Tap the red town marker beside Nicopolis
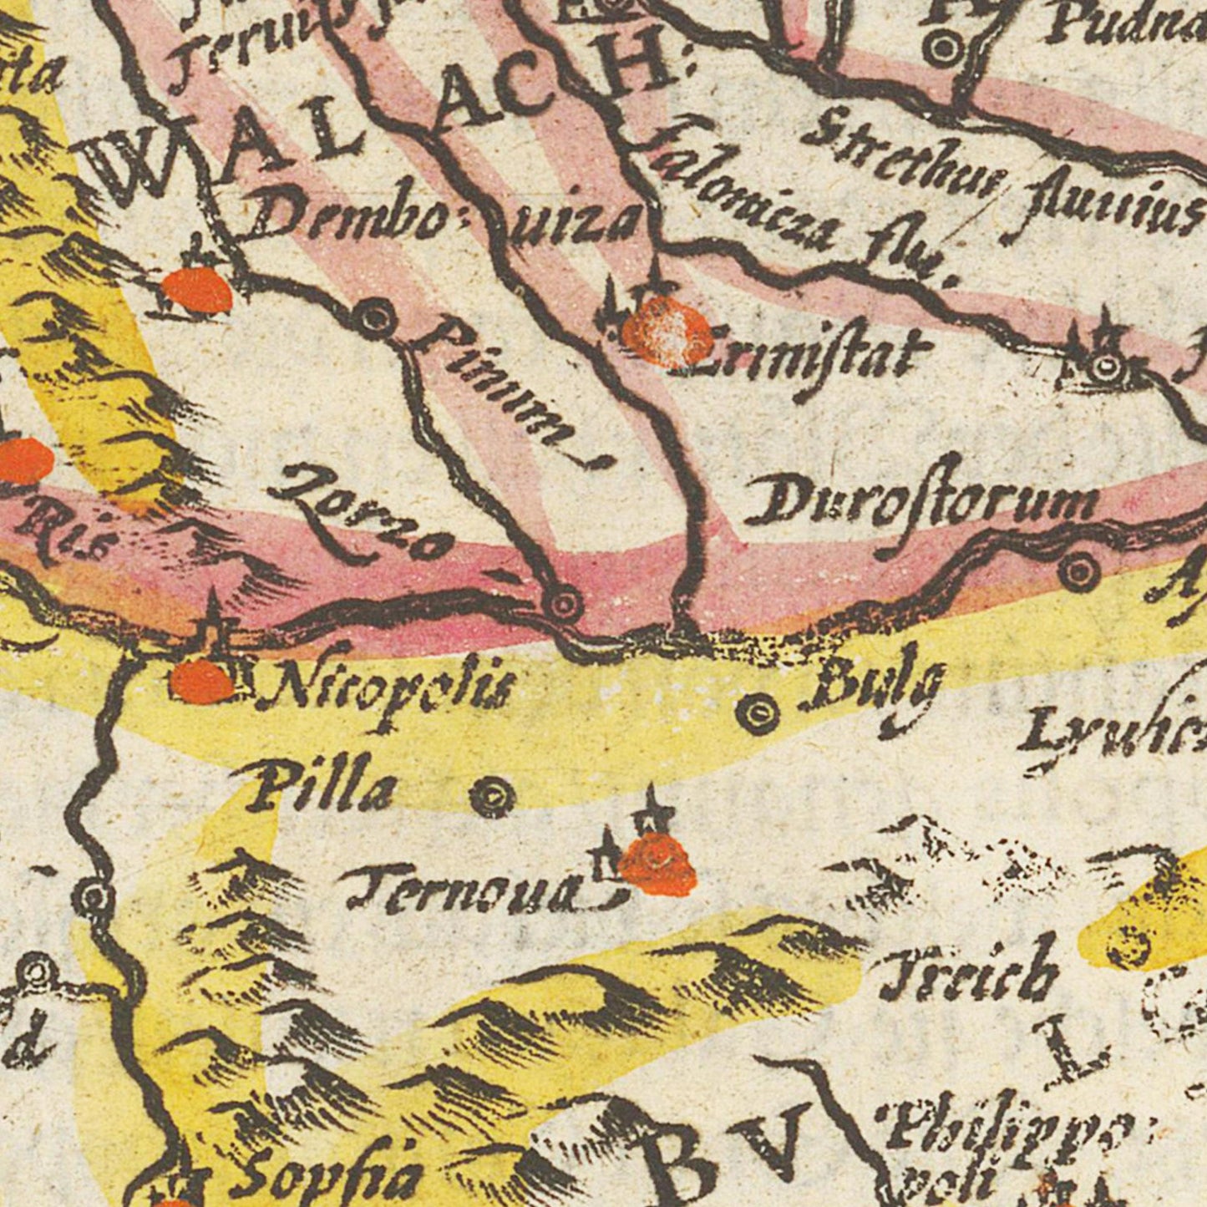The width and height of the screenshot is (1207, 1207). click(201, 682)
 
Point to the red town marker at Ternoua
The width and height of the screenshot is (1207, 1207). click(659, 866)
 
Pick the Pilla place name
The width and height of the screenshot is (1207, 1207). click(322, 789)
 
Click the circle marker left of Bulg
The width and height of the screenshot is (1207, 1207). click(758, 713)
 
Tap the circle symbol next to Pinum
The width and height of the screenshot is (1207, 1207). click(375, 317)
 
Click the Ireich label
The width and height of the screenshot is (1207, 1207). click(969, 973)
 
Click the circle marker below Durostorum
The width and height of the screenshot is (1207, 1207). click(1079, 571)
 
